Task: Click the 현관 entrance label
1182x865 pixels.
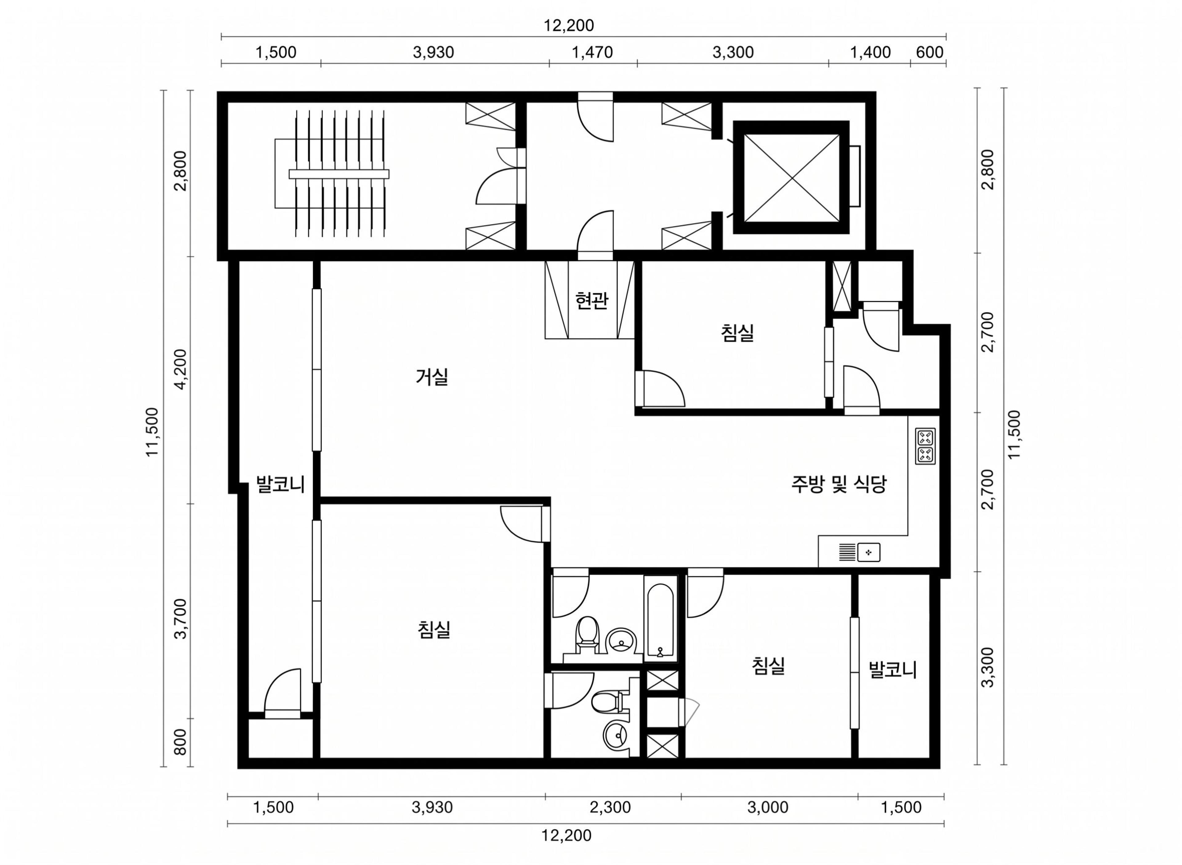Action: (x=592, y=301)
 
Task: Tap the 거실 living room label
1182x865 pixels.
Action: (x=432, y=377)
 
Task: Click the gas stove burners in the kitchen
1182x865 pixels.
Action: (x=925, y=446)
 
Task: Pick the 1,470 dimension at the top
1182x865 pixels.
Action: (x=592, y=52)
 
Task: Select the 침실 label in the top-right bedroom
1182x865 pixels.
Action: (x=738, y=333)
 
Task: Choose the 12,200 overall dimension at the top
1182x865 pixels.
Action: (x=569, y=25)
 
